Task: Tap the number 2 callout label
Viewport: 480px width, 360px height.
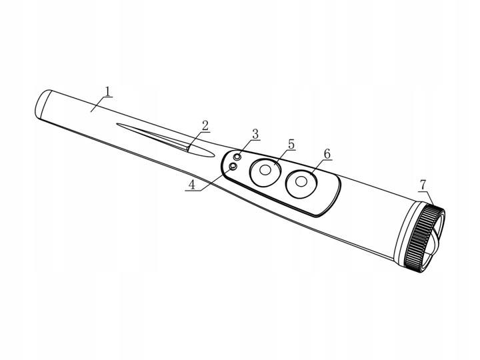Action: pos(205,125)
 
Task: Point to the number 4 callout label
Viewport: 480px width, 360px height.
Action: pos(192,185)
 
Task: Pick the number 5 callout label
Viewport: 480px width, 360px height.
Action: pos(291,144)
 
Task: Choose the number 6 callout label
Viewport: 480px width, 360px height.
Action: pos(327,154)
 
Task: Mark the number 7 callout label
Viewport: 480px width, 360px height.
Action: pos(422,184)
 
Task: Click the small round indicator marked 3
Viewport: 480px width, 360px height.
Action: pos(237,157)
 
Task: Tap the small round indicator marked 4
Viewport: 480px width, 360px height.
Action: pos(233,166)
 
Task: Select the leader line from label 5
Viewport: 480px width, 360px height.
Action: pos(281,159)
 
